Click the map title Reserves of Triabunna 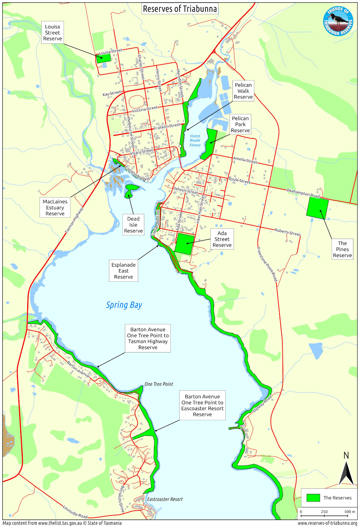(180, 9)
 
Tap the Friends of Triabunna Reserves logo (338, 21)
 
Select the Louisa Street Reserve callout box (53, 33)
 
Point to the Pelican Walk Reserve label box (243, 91)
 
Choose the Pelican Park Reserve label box (240, 124)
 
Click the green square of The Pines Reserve (317, 208)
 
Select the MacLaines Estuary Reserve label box (55, 207)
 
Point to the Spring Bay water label (124, 305)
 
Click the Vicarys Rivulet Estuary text (195, 141)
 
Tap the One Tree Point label (159, 384)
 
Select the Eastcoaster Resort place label (165, 499)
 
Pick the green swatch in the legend (313, 498)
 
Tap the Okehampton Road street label (303, 193)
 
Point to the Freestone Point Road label (267, 264)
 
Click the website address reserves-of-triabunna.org (327, 523)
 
